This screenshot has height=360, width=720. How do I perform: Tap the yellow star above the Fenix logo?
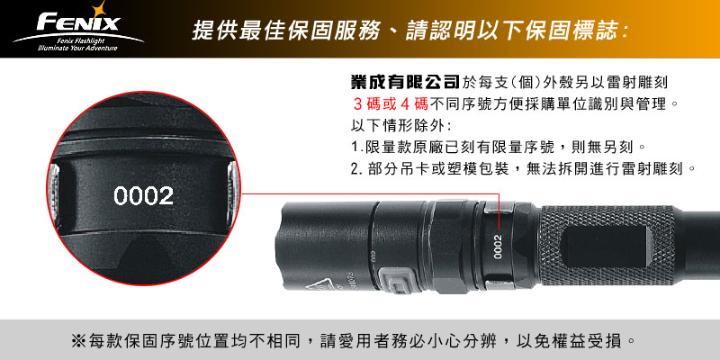click(98, 8)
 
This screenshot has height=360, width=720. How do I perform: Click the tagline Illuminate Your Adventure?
click(78, 48)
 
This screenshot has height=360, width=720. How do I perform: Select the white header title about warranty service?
click(410, 31)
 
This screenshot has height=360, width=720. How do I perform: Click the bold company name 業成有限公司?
click(405, 82)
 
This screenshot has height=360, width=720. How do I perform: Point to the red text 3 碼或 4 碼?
click(391, 103)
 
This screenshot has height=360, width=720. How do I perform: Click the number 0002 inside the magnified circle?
click(143, 196)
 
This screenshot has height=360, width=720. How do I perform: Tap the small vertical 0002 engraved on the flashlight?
click(499, 247)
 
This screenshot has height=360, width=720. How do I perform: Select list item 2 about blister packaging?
click(524, 169)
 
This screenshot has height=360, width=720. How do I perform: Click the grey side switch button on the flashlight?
click(398, 281)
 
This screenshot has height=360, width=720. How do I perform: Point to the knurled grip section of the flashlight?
click(606, 246)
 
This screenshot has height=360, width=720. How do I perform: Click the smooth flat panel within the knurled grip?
click(607, 247)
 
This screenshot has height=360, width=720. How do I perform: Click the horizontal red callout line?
click(370, 193)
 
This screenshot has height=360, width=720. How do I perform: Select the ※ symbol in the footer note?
click(77, 341)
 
